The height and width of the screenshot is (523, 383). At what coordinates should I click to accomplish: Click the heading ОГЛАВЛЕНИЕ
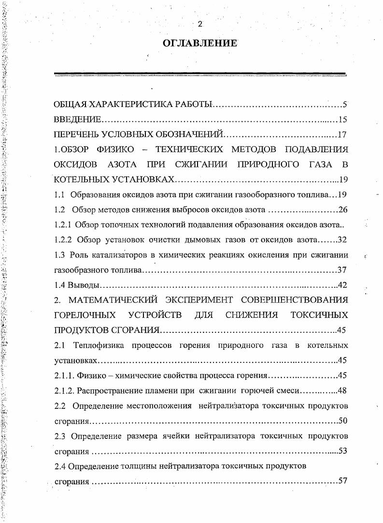pos(200,43)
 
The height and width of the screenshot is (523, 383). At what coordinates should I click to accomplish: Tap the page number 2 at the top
pos(200,24)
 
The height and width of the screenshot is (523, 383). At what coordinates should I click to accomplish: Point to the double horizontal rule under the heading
pos(200,75)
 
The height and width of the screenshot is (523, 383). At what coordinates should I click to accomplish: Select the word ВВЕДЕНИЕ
pos(77,120)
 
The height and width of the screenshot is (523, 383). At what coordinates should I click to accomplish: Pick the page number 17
pos(342,134)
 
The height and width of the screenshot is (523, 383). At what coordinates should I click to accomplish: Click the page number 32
pos(342,239)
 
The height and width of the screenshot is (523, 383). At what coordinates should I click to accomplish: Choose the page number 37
pos(342,270)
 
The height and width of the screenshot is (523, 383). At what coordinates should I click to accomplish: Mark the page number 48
pos(342,390)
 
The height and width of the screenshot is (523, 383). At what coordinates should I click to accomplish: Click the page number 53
pos(342,451)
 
